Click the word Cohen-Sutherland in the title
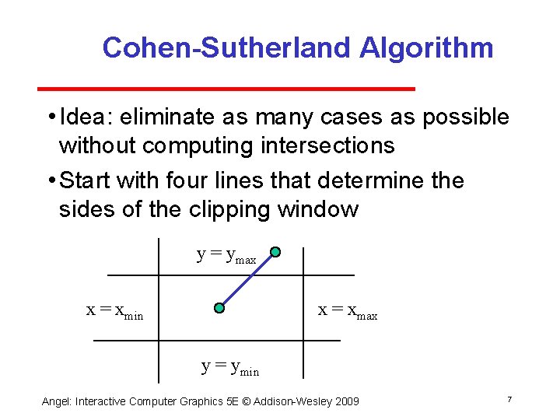pos(226,48)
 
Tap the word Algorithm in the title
pos(426,48)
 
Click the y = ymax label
pos(226,255)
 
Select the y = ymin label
pos(230,366)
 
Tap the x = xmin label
pos(114,311)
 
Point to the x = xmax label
pos(348,311)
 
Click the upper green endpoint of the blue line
pos(275,253)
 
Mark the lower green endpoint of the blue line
pos(219,308)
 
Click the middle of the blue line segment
pos(247,281)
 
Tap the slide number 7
pos(509,399)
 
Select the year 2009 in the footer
pos(345,401)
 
